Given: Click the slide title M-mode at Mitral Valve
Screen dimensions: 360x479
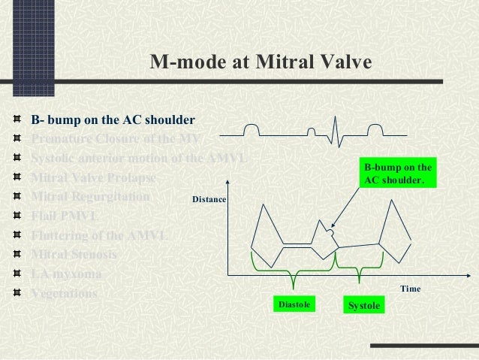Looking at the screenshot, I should point(261,62).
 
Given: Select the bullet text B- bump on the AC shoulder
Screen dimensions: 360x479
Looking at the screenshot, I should point(113,120).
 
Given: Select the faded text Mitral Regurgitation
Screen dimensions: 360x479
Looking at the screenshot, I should point(90,197).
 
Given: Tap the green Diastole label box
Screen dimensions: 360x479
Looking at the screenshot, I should point(294,304).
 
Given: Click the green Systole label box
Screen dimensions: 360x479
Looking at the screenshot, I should point(363,305).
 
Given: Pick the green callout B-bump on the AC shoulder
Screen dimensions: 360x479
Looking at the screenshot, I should point(398,174).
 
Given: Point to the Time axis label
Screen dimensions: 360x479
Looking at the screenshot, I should point(410,289).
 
